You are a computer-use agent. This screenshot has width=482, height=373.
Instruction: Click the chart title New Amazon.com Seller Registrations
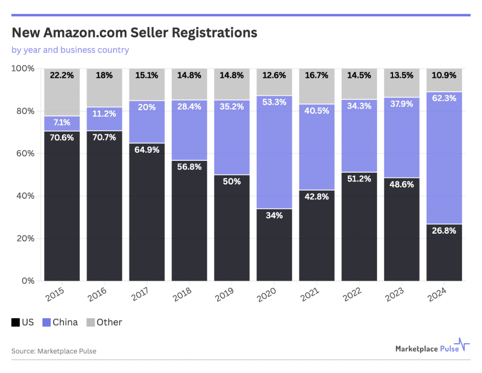click(x=134, y=33)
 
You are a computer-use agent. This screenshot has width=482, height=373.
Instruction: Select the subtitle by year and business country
click(x=70, y=50)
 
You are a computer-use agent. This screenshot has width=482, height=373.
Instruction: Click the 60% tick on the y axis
click(x=24, y=154)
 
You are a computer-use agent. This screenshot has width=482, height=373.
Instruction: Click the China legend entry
click(x=60, y=322)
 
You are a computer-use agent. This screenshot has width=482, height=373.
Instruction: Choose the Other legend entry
click(x=104, y=322)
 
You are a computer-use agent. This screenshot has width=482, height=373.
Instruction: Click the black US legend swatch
click(x=15, y=322)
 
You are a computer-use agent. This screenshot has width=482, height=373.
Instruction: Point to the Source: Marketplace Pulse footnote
click(x=54, y=351)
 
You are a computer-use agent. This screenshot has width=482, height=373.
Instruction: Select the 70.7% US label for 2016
click(x=104, y=136)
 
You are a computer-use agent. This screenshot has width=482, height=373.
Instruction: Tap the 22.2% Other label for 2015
click(x=62, y=75)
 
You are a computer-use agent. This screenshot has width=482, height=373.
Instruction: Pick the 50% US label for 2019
click(x=232, y=180)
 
